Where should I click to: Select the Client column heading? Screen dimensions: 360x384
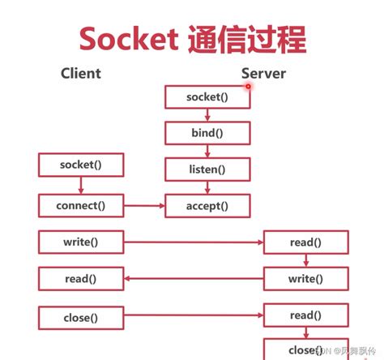pyautogui.click(x=81, y=73)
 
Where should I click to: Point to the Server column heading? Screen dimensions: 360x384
pyautogui.click(x=263, y=74)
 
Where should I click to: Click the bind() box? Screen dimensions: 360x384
pyautogui.click(x=207, y=133)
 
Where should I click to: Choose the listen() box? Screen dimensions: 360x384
pyautogui.click(x=207, y=169)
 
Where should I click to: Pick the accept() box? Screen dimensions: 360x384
pyautogui.click(x=207, y=205)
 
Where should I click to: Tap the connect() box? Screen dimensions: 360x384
pyautogui.click(x=80, y=205)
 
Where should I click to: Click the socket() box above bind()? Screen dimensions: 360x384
pyautogui.click(x=207, y=96)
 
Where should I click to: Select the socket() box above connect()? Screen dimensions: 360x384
pyautogui.click(x=80, y=165)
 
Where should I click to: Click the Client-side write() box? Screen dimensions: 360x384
pyautogui.click(x=80, y=242)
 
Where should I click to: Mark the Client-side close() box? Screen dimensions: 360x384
pyautogui.click(x=80, y=317)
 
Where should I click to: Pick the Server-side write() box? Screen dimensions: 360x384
pyautogui.click(x=305, y=279)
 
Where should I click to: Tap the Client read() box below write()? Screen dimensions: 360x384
pyautogui.click(x=80, y=279)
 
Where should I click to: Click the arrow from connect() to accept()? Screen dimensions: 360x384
pyautogui.click(x=143, y=205)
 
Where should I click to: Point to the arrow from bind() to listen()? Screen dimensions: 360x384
pyautogui.click(x=207, y=151)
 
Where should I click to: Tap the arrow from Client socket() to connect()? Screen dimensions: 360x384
pyautogui.click(x=80, y=185)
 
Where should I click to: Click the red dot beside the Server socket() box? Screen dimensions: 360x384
pyautogui.click(x=249, y=85)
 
